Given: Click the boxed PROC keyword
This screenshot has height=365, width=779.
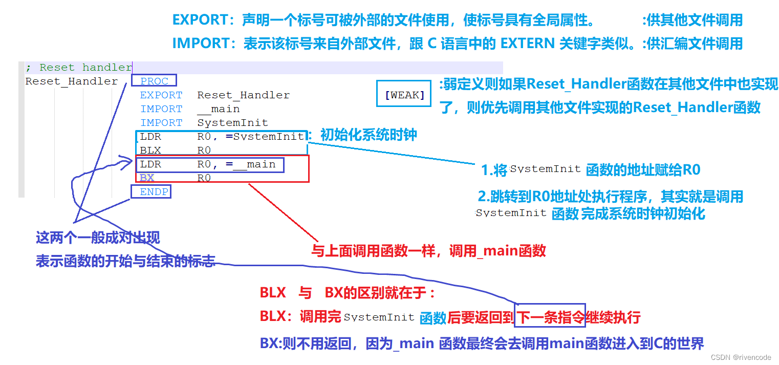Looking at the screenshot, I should pos(154,81).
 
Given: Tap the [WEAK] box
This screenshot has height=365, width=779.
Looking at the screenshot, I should pos(404,95).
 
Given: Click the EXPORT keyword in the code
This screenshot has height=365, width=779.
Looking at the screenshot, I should pos(161,95).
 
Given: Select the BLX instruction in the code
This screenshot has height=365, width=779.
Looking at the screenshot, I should pos(150,151).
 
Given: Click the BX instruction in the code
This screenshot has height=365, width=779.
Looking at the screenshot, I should pos(147,178).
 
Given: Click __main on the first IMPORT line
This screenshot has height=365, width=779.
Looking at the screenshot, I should pos(219,109).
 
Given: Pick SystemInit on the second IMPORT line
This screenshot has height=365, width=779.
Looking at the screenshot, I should pos(232,123).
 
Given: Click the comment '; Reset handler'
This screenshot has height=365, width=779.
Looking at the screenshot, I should pos(78,68).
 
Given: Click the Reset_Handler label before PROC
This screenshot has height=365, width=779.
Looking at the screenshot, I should pos(71,81).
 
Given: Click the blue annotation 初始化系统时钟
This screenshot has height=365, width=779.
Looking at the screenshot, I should pos(369,135).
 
